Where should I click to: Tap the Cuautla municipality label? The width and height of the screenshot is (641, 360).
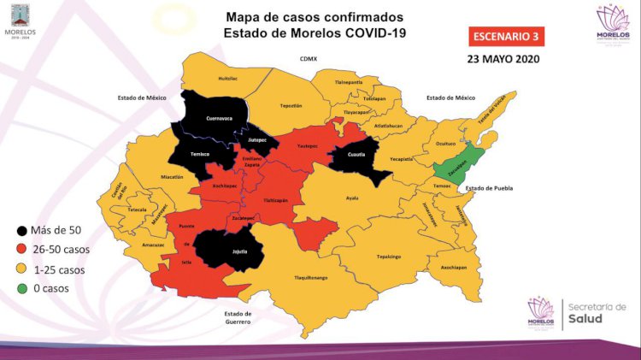[356, 155]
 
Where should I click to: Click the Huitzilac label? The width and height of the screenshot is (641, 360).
[228, 79]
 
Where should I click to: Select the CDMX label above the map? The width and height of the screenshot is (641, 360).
[308, 59]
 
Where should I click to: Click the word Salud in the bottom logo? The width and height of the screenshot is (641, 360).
[589, 318]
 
